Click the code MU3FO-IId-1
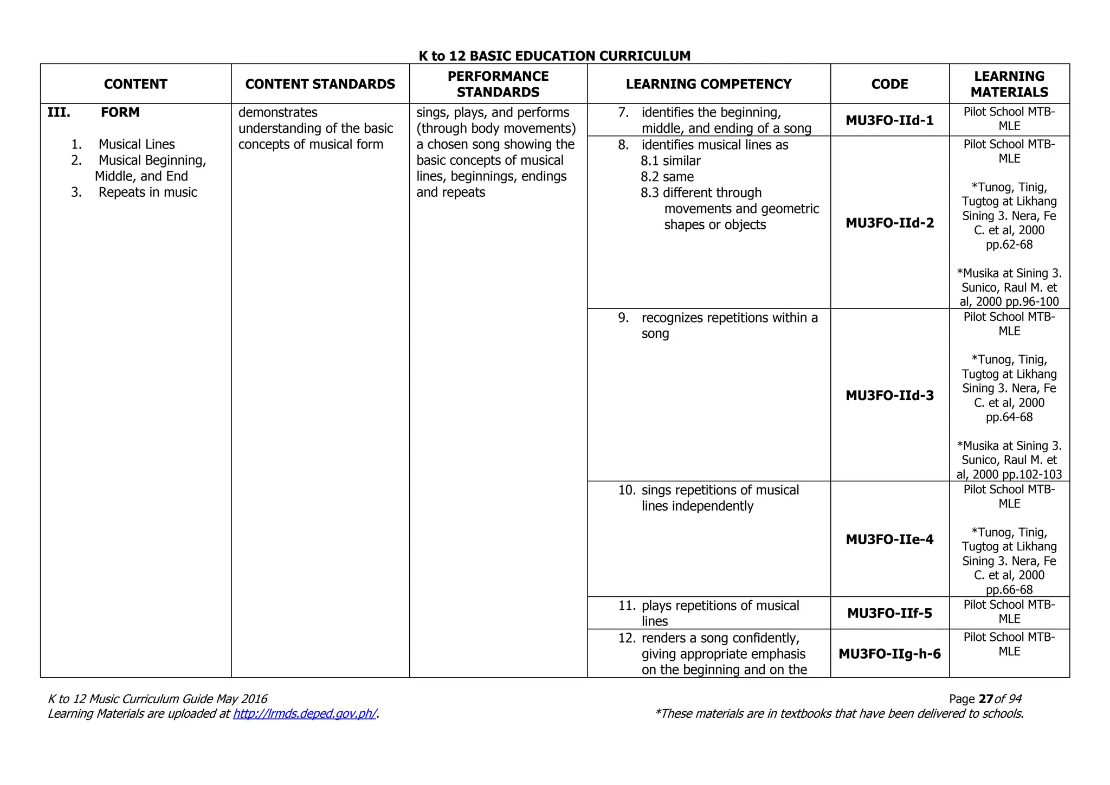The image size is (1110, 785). (x=889, y=120)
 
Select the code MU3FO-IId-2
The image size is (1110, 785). (x=889, y=223)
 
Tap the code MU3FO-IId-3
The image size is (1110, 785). (x=889, y=395)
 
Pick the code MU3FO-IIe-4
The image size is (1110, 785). (x=889, y=539)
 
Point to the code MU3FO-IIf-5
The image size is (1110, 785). (x=889, y=613)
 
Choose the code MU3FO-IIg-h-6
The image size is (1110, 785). (x=889, y=654)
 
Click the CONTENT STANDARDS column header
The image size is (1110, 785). (x=320, y=84)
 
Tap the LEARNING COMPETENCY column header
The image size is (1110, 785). (x=708, y=84)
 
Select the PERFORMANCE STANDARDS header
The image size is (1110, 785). (x=498, y=84)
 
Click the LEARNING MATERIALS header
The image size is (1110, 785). (x=1009, y=84)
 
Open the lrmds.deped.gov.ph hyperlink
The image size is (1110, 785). (x=304, y=713)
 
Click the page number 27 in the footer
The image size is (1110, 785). (x=986, y=699)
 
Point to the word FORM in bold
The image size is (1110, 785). (x=120, y=112)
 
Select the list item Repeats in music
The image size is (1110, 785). (x=147, y=192)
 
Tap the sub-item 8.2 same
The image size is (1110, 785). (x=667, y=177)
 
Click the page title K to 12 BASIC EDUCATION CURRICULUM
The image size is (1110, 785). (x=554, y=56)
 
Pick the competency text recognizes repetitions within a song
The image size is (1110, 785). (x=729, y=325)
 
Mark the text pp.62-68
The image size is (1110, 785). (x=1009, y=244)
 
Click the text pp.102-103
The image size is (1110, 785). (x=1032, y=474)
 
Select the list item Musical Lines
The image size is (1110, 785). (x=137, y=144)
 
